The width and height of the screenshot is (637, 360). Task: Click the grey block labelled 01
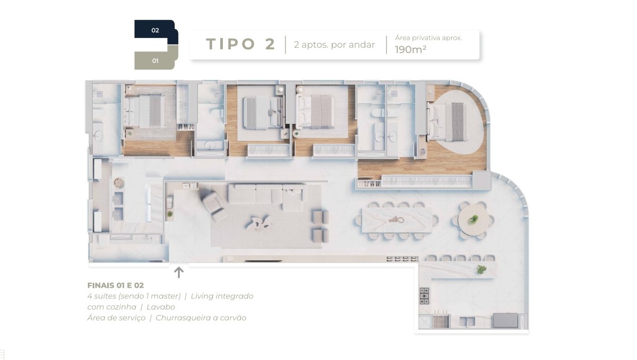(x=155, y=59)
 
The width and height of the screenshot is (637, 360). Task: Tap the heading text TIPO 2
(x=241, y=44)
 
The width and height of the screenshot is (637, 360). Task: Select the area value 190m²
(x=410, y=50)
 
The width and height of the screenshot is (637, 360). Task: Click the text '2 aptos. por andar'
(x=334, y=44)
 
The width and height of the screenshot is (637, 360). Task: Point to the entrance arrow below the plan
(x=178, y=272)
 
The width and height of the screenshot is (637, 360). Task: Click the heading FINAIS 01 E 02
(x=115, y=285)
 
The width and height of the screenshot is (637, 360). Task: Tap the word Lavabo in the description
(x=161, y=307)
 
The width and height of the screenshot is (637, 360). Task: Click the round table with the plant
(x=473, y=220)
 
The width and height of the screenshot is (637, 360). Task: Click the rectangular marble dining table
(x=396, y=220)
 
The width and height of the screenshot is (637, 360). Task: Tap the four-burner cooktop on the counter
(x=424, y=296)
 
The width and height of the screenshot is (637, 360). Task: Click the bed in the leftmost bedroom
(x=145, y=110)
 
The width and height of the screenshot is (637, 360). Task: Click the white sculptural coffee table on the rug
(x=259, y=223)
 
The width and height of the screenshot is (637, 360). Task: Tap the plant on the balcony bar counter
(x=482, y=269)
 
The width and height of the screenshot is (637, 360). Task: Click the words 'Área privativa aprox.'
(x=428, y=38)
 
